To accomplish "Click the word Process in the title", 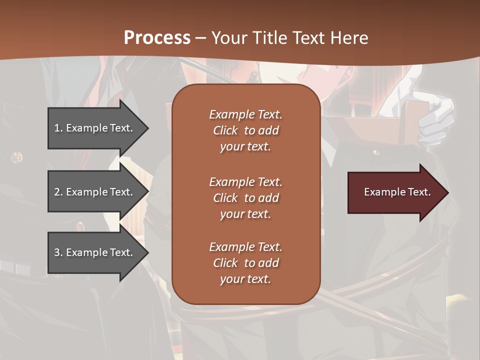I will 157,38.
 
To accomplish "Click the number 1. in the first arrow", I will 58,128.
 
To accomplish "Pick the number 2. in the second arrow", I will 58,192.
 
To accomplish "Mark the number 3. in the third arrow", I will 58,252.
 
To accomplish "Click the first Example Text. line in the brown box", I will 245,114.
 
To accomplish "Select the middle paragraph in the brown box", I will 245,198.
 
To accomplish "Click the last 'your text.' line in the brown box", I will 245,279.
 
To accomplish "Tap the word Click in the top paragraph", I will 225,130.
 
